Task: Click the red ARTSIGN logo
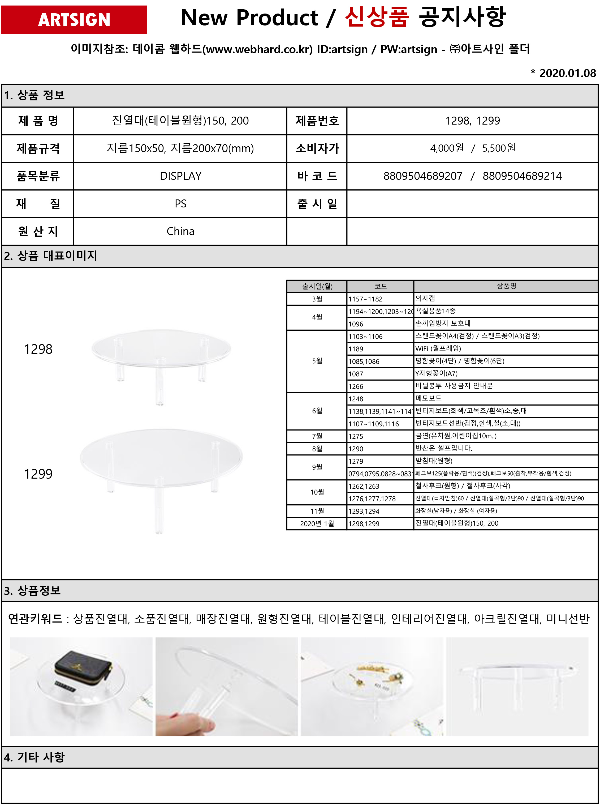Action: pyautogui.click(x=74, y=20)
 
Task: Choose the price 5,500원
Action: pyautogui.click(x=499, y=148)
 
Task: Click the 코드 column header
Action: pyautogui.click(x=380, y=286)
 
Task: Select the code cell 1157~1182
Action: pyautogui.click(x=365, y=299)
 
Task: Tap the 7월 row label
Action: pyautogui.click(x=317, y=436)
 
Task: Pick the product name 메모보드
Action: pyautogui.click(x=428, y=398)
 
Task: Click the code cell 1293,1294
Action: pyautogui.click(x=364, y=511)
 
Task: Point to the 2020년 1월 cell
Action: pyautogui.click(x=317, y=524)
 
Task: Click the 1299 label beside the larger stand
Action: pyautogui.click(x=38, y=474)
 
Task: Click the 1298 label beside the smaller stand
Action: pyautogui.click(x=38, y=349)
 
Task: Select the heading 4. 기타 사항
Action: pyautogui.click(x=34, y=757)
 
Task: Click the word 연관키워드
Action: pyautogui.click(x=35, y=619)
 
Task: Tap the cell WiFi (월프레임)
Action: pyautogui.click(x=438, y=348)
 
